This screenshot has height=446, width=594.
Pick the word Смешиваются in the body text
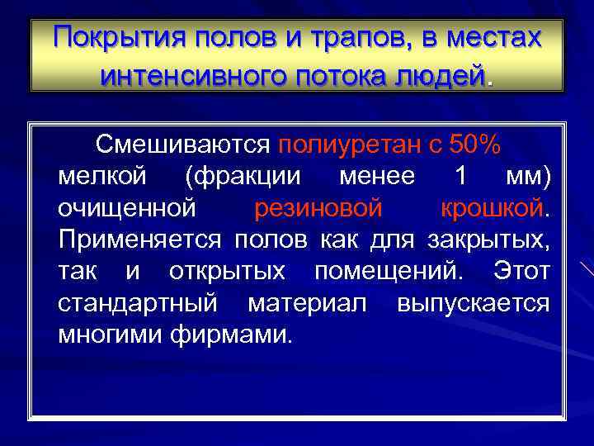click(x=182, y=145)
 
